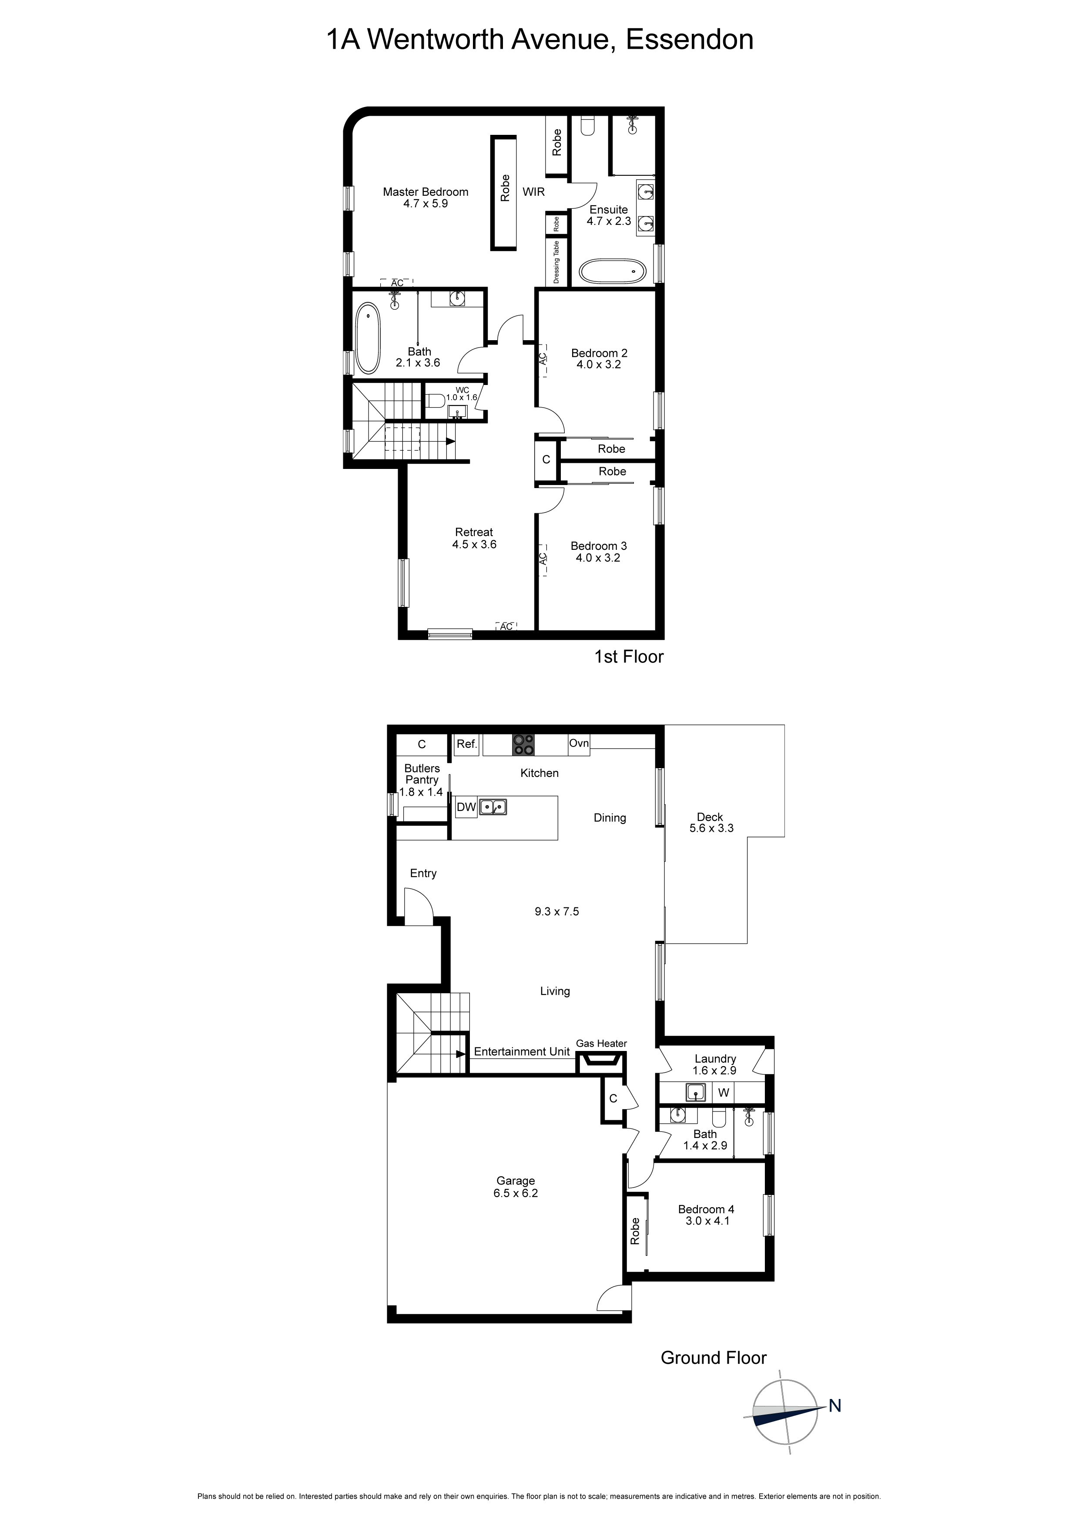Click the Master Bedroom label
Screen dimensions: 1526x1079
point(426,192)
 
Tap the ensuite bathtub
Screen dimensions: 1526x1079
point(612,271)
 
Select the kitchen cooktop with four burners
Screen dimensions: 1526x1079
point(523,744)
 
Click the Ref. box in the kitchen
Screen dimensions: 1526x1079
point(467,744)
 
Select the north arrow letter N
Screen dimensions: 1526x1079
point(835,1406)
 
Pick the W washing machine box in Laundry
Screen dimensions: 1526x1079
point(724,1093)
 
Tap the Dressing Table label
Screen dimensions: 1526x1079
point(556,261)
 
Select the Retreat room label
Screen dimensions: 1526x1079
point(474,532)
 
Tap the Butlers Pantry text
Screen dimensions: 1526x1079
point(422,773)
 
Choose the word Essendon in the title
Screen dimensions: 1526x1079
point(690,40)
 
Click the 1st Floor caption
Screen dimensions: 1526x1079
point(628,657)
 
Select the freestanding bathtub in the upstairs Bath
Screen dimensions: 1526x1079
point(368,338)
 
